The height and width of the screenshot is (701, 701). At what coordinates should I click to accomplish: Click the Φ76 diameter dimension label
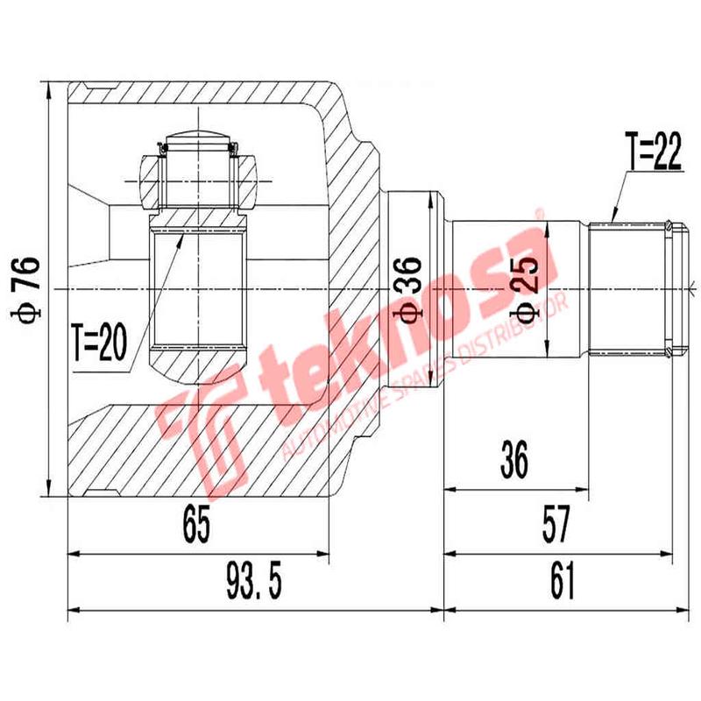click(29, 290)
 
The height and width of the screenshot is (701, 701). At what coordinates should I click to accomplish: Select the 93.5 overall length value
click(254, 581)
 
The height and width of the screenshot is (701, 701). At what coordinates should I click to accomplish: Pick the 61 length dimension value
click(561, 581)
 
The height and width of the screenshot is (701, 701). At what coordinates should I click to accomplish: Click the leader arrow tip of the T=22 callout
click(612, 219)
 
